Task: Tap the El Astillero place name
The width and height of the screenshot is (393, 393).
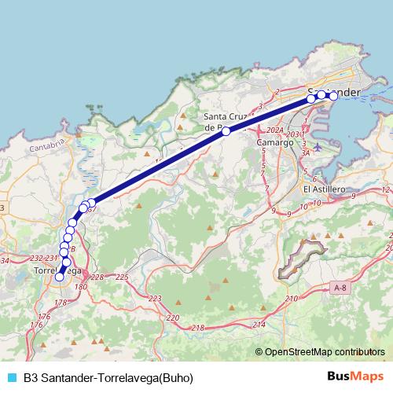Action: click(323, 189)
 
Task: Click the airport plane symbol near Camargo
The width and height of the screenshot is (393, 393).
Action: click(318, 146)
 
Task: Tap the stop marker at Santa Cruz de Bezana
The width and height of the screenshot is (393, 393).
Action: click(226, 131)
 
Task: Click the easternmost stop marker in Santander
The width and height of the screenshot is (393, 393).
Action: click(333, 95)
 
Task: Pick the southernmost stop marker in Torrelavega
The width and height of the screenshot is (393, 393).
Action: click(59, 276)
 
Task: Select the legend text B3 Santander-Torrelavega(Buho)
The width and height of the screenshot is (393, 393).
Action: click(108, 377)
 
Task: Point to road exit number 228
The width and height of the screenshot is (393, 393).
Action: click(97, 277)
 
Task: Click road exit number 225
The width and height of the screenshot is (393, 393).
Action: click(122, 277)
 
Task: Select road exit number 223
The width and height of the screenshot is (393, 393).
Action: click(154, 299)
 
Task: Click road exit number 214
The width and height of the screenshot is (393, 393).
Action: click(259, 324)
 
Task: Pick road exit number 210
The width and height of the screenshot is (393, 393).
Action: click(292, 299)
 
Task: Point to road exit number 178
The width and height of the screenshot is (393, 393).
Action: click(61, 303)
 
